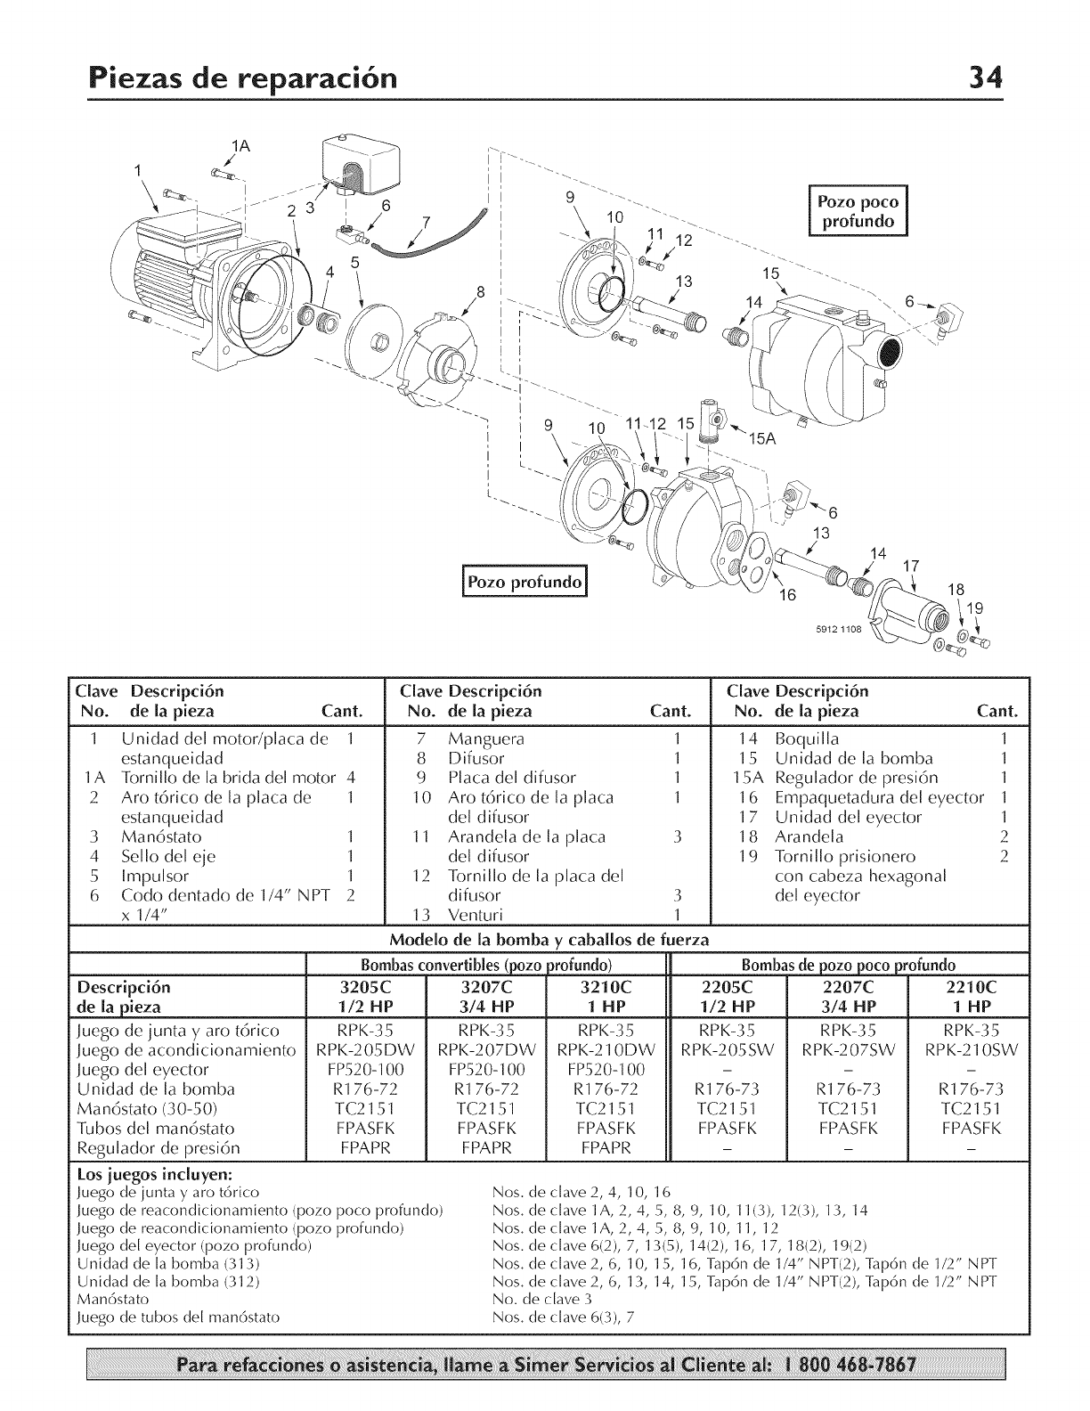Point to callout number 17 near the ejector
[909, 565]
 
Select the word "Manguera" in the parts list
[486, 739]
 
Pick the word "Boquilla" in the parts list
[807, 739]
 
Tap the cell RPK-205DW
[366, 1050]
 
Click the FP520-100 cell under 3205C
[366, 1070]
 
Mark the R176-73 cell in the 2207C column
[848, 1089]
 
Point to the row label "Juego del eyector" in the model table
[143, 1070]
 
